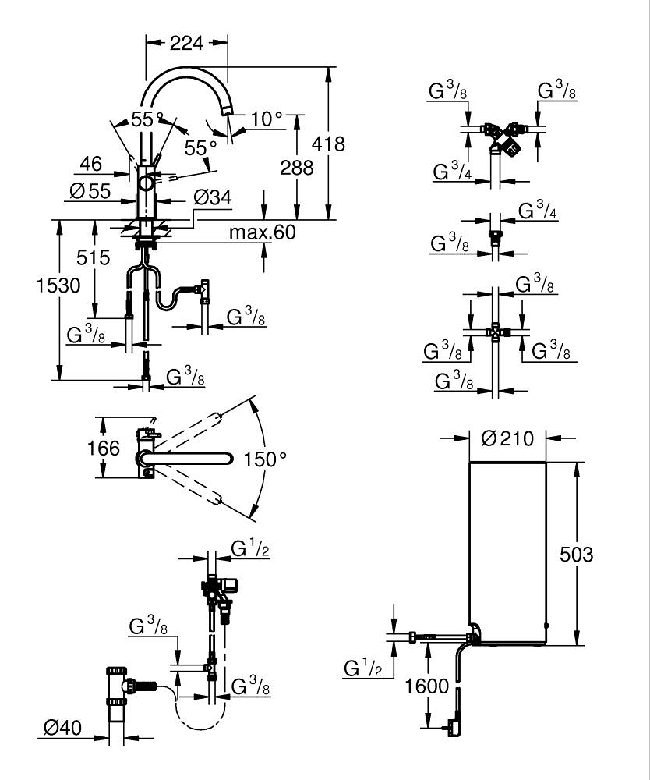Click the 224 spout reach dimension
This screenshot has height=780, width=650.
(187, 44)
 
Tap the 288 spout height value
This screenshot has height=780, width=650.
(296, 167)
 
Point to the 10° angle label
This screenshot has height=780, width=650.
(267, 119)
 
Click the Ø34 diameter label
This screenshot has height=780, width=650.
(212, 198)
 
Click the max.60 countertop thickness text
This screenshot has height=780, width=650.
(262, 232)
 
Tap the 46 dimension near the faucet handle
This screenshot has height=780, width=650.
(90, 164)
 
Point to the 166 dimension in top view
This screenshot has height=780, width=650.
(104, 448)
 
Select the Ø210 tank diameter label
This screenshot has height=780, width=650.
(507, 438)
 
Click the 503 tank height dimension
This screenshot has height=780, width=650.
(578, 555)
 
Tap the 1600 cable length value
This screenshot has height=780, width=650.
(428, 686)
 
